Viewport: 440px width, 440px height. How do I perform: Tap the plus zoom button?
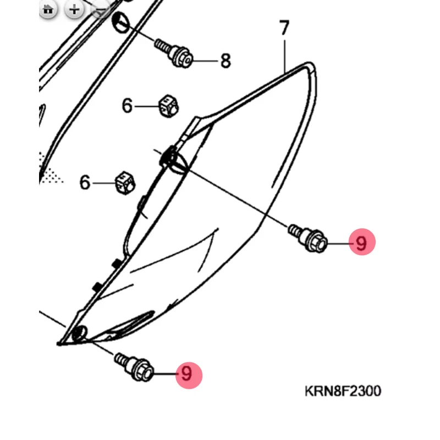[x=74, y=9]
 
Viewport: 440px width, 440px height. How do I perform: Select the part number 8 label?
[x=226, y=61]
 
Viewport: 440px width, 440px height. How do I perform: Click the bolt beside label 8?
[x=174, y=52]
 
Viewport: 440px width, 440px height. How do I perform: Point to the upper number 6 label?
[x=128, y=105]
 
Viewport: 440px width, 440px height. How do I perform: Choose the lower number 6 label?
[x=85, y=182]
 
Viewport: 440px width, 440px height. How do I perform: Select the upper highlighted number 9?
[x=361, y=242]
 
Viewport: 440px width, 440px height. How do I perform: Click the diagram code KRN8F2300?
[x=343, y=392]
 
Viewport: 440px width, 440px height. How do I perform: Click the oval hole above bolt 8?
[x=120, y=23]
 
